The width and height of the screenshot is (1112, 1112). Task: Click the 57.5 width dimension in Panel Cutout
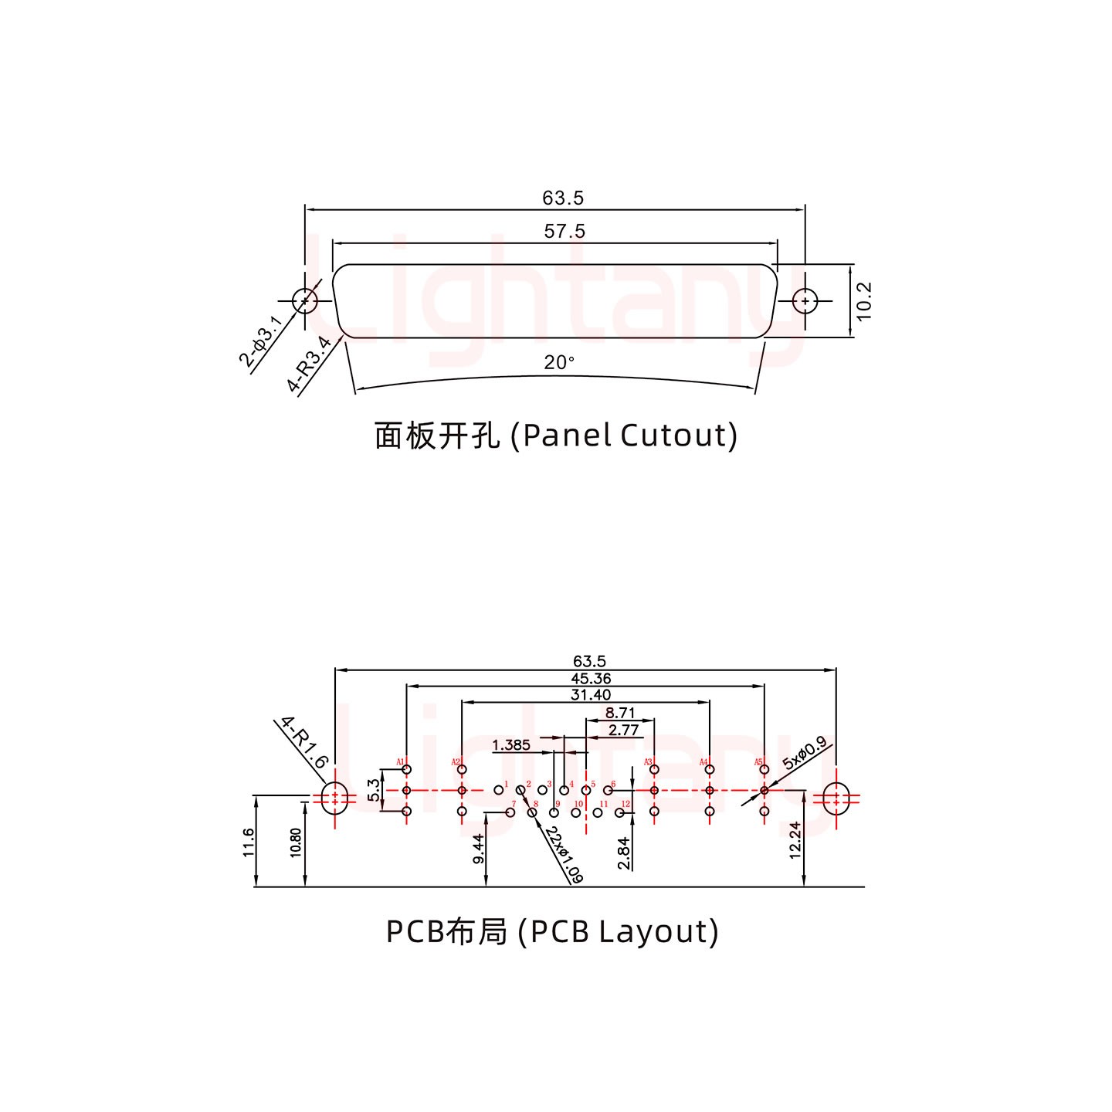(x=564, y=231)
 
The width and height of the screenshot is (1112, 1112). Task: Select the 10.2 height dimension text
(x=864, y=300)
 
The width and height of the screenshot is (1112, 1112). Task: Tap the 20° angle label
(x=559, y=362)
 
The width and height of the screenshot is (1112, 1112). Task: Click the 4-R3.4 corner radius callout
(x=309, y=364)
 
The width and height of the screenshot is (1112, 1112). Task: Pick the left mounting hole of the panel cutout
(x=305, y=300)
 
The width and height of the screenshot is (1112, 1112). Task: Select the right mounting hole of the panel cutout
(x=805, y=300)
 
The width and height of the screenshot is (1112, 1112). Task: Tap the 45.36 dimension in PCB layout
(x=590, y=678)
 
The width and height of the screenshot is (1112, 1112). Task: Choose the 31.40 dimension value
(x=590, y=695)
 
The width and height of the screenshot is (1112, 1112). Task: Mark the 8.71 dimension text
(x=620, y=713)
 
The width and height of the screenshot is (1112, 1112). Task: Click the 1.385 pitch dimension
(x=511, y=745)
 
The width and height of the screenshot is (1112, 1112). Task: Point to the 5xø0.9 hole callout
(x=804, y=754)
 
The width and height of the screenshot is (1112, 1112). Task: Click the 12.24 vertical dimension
(x=795, y=840)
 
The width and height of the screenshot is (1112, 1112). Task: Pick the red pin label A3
(x=648, y=763)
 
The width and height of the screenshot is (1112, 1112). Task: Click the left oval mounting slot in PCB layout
(x=334, y=798)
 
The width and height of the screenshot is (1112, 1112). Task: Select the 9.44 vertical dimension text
(x=478, y=849)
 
